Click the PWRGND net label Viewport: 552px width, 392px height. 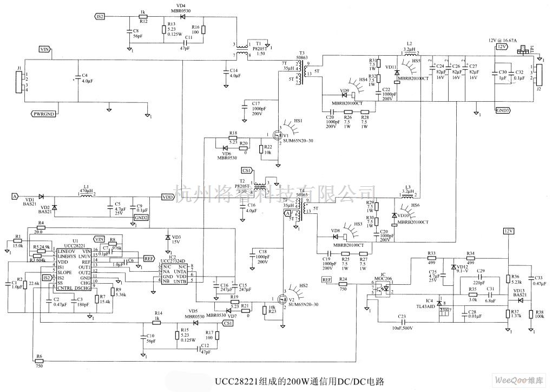click(x=43, y=114)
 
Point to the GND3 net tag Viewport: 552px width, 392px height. click(x=502, y=110)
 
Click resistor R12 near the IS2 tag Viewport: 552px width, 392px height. click(x=143, y=16)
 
